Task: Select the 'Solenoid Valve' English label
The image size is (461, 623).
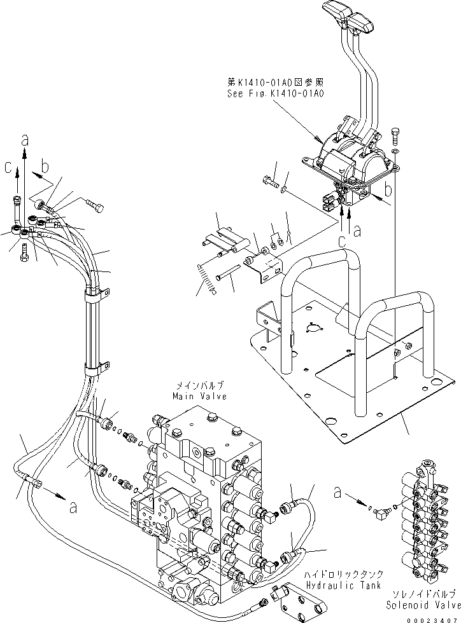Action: (x=420, y=600)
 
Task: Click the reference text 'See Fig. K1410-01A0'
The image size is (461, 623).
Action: (x=276, y=93)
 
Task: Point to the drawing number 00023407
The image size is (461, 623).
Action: (x=432, y=617)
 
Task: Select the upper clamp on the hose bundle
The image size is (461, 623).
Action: (x=93, y=293)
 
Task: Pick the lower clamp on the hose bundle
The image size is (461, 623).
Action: (x=94, y=368)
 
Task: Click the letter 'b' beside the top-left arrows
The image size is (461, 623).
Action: (x=44, y=168)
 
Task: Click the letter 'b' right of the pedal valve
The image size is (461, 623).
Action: (x=388, y=189)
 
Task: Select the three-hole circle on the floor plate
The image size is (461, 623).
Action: (x=312, y=328)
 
